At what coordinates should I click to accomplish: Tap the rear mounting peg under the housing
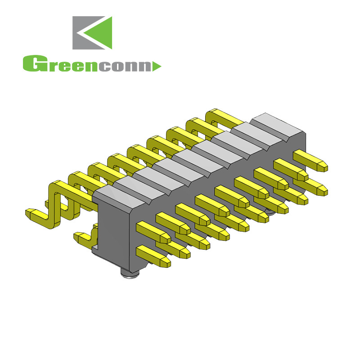[269, 210]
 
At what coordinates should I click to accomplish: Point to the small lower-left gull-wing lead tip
[78, 236]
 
